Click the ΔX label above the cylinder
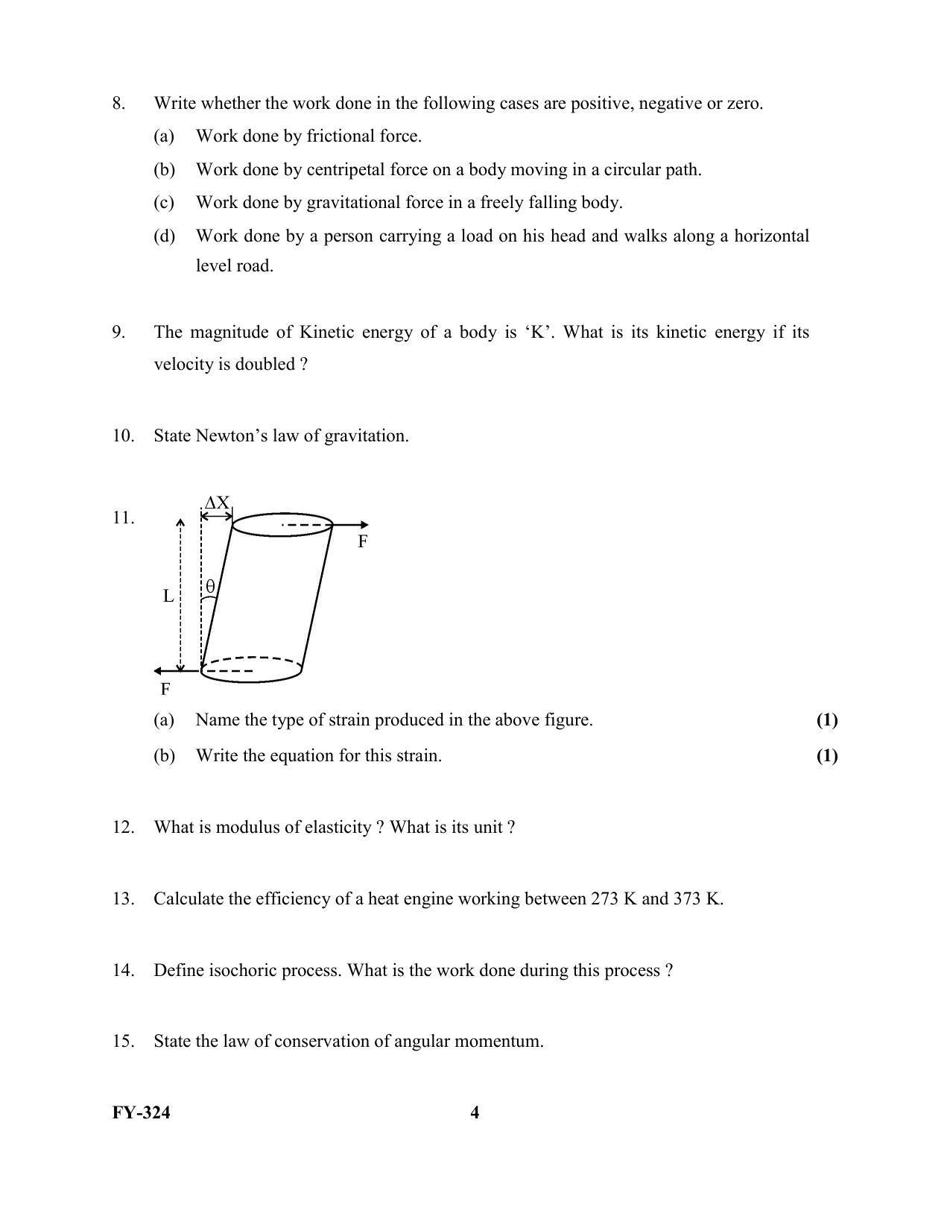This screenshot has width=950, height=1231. click(x=217, y=503)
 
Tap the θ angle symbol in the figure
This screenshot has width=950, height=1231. click(x=210, y=587)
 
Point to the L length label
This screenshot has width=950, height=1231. click(x=168, y=596)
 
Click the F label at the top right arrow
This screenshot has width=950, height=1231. click(x=363, y=542)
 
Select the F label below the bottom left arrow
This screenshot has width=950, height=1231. click(x=165, y=689)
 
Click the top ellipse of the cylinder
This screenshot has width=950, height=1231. click(x=282, y=525)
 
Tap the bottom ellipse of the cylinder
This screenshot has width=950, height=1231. click(x=252, y=670)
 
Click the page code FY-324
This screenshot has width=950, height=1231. click(x=142, y=1113)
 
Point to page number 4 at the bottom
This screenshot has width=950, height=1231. click(x=475, y=1113)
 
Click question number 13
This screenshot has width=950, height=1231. click(x=123, y=899)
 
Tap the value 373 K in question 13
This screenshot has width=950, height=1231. click(x=697, y=899)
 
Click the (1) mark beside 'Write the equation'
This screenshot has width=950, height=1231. click(x=827, y=756)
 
